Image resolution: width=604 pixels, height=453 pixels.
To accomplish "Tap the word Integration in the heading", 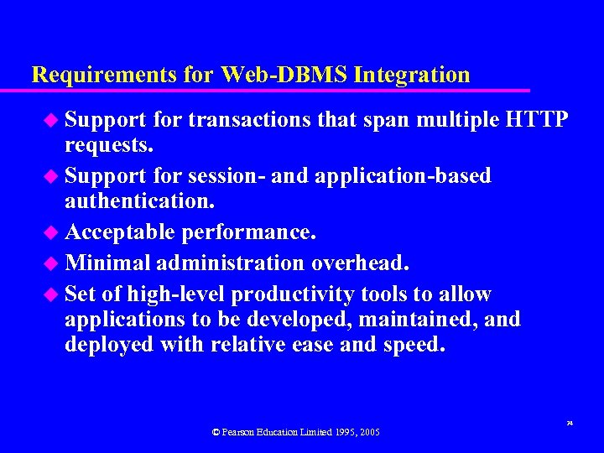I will click(412, 75).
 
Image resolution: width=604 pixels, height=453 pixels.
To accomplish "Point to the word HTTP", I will click(538, 120).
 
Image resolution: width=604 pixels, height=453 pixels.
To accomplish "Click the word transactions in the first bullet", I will click(249, 120).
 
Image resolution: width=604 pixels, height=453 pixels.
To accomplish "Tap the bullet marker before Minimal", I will click(54, 263).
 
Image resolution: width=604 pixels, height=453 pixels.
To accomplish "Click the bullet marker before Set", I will click(54, 294).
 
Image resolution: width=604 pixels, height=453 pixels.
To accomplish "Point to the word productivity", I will click(292, 294).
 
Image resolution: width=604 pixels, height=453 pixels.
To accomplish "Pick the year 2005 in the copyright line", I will click(369, 432).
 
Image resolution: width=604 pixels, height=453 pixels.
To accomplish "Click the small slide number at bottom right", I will click(570, 424).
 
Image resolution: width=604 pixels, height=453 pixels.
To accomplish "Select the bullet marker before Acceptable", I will click(54, 232).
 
